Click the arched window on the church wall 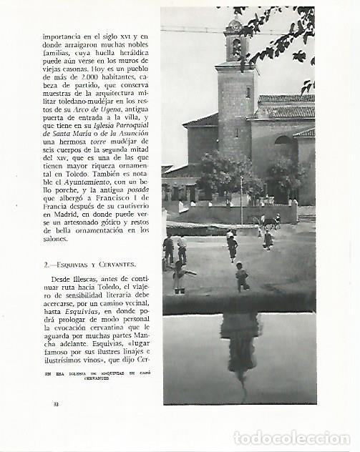[283, 142]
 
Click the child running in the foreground [242, 276]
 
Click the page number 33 [56, 405]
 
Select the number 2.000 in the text [77, 76]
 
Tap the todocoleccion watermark [293, 438]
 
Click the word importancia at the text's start [64, 35]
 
